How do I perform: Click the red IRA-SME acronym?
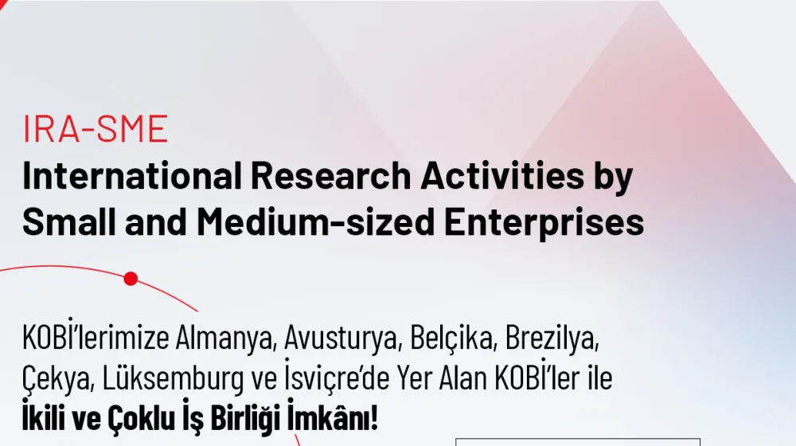coord(95,128)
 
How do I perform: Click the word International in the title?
coord(132,176)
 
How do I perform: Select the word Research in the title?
coord(330,176)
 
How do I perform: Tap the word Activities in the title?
coord(502,176)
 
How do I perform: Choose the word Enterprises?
coord(544,224)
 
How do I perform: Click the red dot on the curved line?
coord(131,279)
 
